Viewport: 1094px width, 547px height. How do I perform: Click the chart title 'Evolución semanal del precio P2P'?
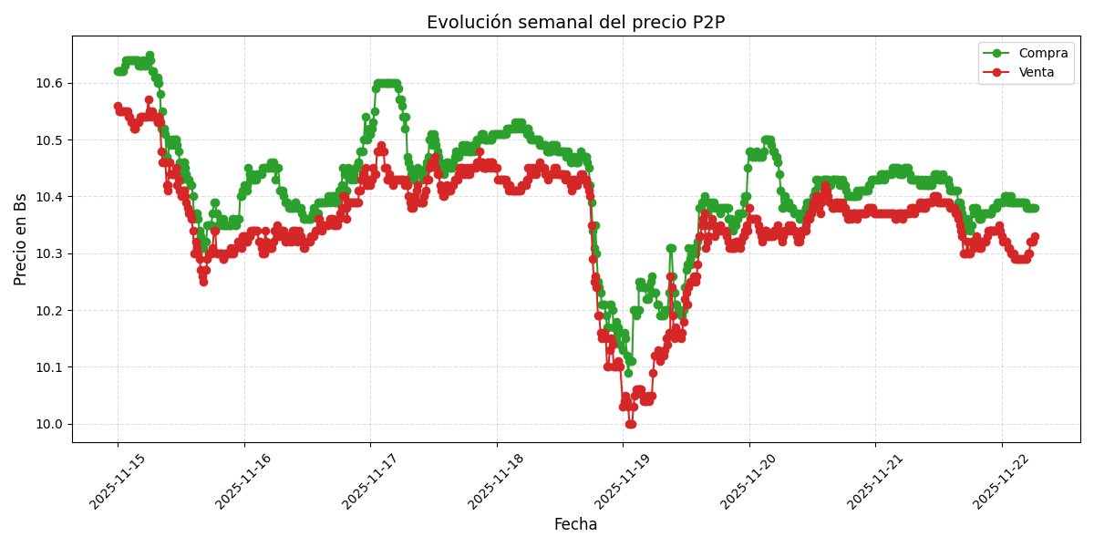pos(575,23)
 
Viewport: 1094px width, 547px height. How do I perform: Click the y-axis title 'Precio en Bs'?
pos(21,239)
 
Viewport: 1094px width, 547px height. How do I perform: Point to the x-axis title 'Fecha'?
pos(575,525)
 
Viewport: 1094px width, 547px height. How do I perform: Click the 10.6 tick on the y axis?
pos(48,83)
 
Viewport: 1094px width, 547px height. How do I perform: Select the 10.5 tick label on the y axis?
pos(48,140)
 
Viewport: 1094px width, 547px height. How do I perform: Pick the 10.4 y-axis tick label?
pos(48,197)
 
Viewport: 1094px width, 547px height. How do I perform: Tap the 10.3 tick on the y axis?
pos(48,253)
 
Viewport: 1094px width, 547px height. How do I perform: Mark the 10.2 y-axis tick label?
pos(48,311)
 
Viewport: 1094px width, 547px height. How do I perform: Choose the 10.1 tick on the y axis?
pos(48,367)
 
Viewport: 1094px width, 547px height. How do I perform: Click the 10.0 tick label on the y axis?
pos(48,424)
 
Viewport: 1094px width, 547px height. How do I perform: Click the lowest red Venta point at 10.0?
pos(630,424)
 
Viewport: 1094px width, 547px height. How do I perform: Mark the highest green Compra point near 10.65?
pos(150,56)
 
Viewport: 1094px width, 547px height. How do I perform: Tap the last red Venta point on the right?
pos(1035,237)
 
